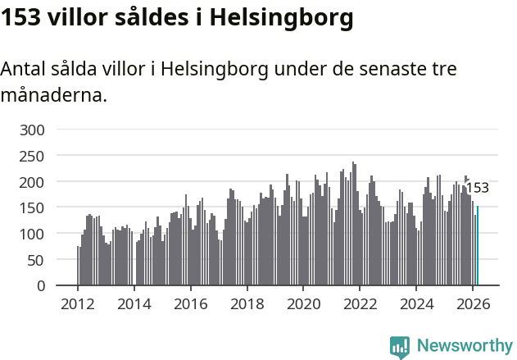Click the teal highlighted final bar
[478, 246]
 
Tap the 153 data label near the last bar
[477, 188]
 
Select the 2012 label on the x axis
[78, 303]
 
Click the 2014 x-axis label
[134, 303]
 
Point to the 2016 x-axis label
[191, 303]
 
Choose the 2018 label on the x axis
[247, 303]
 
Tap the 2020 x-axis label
[303, 303]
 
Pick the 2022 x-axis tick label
[360, 303]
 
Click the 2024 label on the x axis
[416, 303]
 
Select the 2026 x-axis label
[473, 303]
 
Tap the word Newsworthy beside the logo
[465, 346]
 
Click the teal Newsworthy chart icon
[400, 347]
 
